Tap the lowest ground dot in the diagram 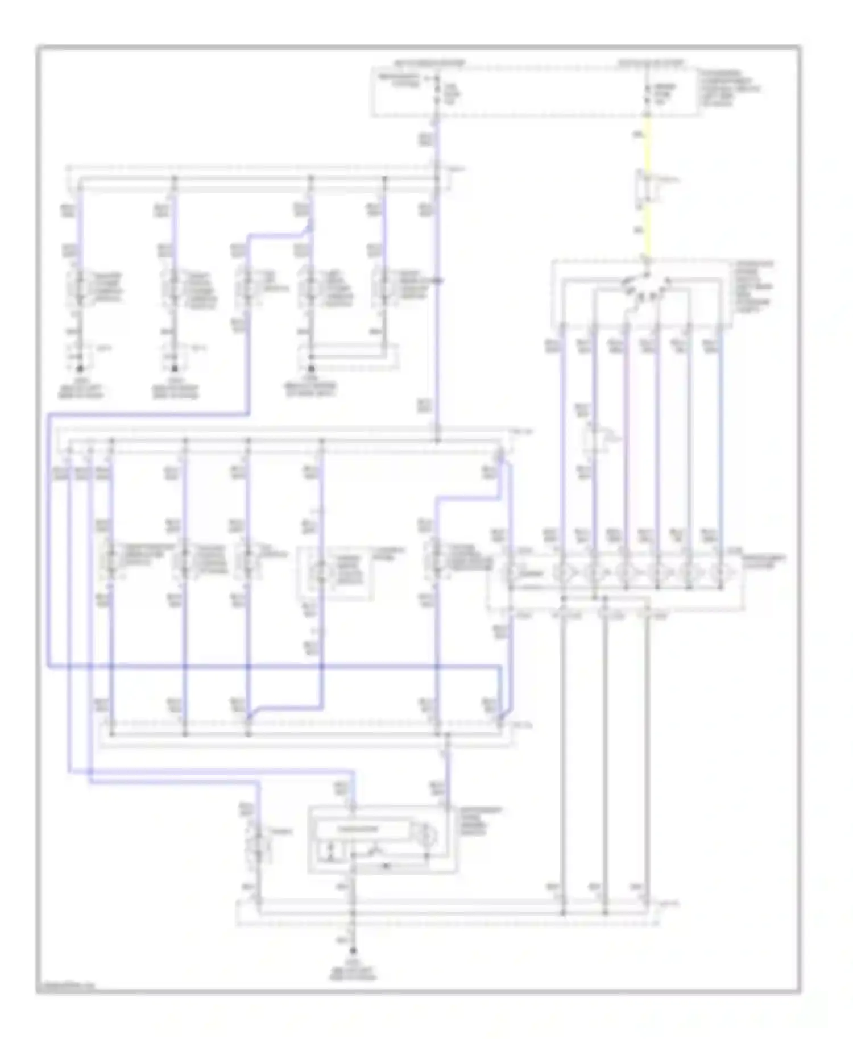[x=353, y=950]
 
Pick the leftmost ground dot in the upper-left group [x=80, y=368]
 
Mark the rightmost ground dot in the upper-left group [x=310, y=368]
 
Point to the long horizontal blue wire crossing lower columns [x=273, y=666]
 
